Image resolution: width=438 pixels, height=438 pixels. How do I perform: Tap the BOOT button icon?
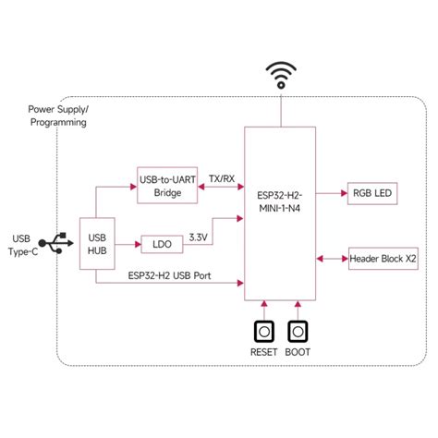pos(298,332)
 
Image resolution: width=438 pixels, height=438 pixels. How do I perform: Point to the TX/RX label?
pos(221,177)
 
